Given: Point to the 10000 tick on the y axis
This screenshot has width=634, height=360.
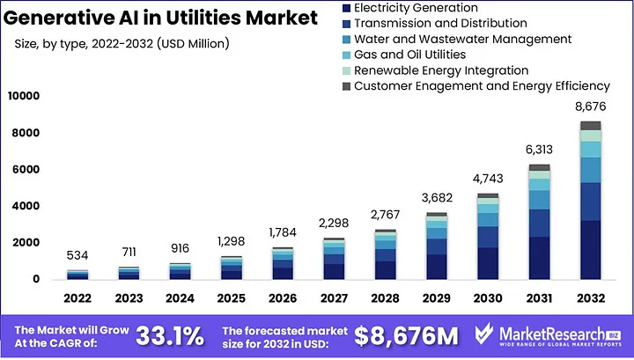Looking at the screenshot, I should pyautogui.click(x=24, y=96).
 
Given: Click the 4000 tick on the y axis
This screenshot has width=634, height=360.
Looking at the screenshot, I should pyautogui.click(x=26, y=206).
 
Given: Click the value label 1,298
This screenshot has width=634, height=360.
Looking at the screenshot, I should pyautogui.click(x=232, y=241).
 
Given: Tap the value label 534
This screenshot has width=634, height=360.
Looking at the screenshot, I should pyautogui.click(x=77, y=256).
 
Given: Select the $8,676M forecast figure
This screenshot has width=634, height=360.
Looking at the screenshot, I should pyautogui.click(x=406, y=335).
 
